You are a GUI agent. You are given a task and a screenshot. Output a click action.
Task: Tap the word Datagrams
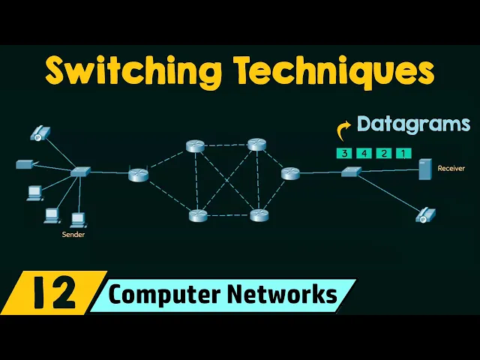pos(413,124)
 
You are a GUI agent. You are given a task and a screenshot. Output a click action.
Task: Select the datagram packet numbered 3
pos(345,153)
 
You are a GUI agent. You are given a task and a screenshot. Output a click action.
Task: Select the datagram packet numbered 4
pos(364,153)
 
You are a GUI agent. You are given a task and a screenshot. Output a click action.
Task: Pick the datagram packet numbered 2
pos(384,153)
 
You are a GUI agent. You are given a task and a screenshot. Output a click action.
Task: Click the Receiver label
pos(451,169)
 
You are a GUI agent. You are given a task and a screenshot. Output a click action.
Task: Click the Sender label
pos(73,235)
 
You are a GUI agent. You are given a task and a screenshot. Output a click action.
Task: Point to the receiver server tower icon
pos(425,169)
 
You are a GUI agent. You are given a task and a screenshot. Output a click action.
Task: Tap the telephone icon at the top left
pos(39,134)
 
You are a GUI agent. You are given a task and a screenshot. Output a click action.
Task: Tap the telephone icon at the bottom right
pos(426,215)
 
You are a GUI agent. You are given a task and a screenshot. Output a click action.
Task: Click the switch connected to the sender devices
pos(80,172)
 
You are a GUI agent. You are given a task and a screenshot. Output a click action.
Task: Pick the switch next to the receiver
pos(351,172)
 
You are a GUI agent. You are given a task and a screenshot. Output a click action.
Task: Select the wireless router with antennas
pos(138,174)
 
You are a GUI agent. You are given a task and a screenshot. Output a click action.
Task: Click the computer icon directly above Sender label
pos(77,219)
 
